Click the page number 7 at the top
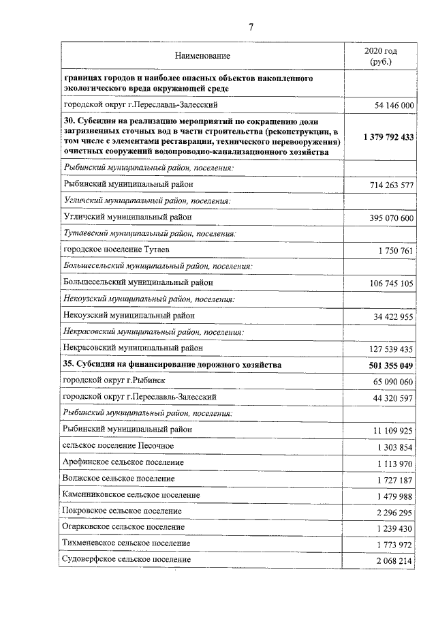point(251,27)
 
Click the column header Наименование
point(202,55)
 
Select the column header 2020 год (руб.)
point(380,56)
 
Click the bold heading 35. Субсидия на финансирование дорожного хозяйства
point(172,365)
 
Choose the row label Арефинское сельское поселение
point(123,462)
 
